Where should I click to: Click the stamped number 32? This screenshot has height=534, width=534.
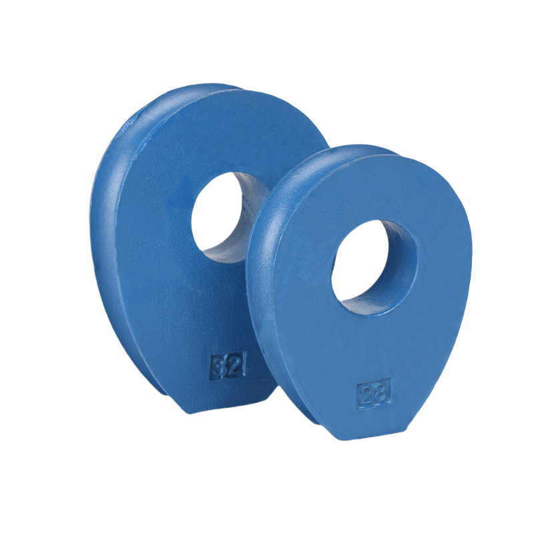(228, 367)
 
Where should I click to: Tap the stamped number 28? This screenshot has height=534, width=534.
(373, 394)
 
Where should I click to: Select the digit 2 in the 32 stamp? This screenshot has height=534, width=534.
(236, 366)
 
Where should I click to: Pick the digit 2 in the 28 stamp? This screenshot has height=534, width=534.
(366, 395)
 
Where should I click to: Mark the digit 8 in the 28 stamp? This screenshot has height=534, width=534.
(380, 393)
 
